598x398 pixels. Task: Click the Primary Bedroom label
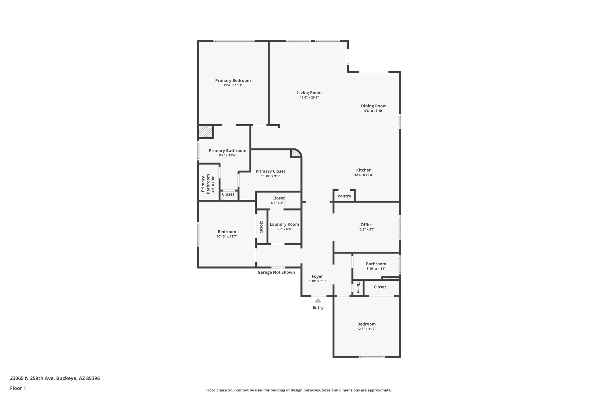(233, 80)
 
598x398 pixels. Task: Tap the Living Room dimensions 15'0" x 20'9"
(309, 98)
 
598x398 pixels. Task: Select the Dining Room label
(373, 106)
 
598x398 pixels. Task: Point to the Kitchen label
(364, 170)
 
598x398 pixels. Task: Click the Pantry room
(344, 196)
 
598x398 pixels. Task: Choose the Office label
(366, 225)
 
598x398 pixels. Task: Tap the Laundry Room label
(284, 224)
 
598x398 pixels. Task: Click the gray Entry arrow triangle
(318, 300)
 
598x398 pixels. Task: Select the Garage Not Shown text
(276, 272)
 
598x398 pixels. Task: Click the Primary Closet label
(270, 171)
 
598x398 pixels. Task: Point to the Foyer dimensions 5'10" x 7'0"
(317, 281)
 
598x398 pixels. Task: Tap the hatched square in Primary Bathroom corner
(206, 132)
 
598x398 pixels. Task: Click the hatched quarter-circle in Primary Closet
(295, 153)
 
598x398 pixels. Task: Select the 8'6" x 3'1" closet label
(278, 203)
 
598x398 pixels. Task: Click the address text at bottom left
(55, 378)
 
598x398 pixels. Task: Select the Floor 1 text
(18, 388)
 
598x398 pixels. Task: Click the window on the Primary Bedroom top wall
(234, 41)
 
